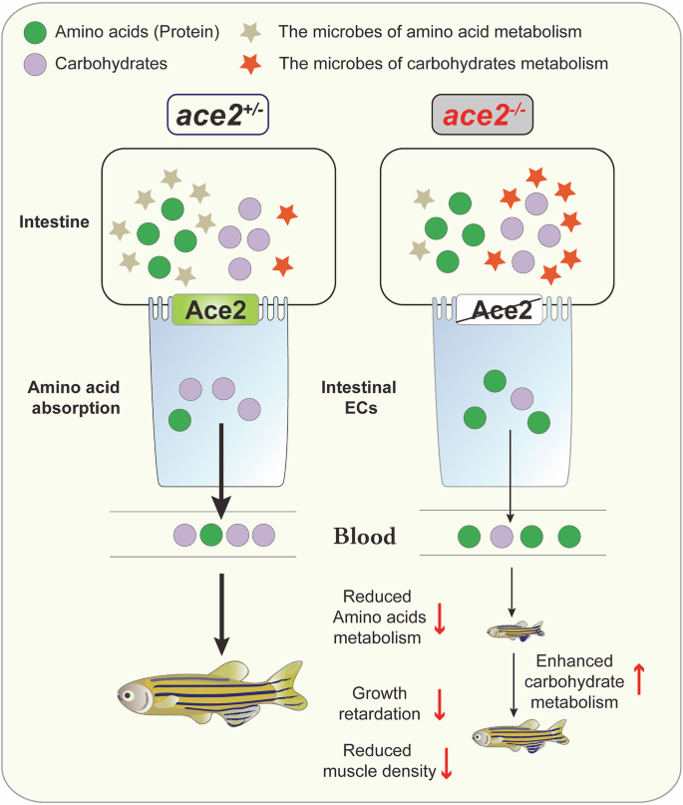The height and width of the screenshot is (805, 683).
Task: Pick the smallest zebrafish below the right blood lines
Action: pyautogui.click(x=515, y=630)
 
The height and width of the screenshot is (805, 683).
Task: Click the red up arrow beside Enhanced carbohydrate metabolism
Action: pyautogui.click(x=639, y=681)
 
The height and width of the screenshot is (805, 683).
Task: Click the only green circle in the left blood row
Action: pyautogui.click(x=210, y=535)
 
